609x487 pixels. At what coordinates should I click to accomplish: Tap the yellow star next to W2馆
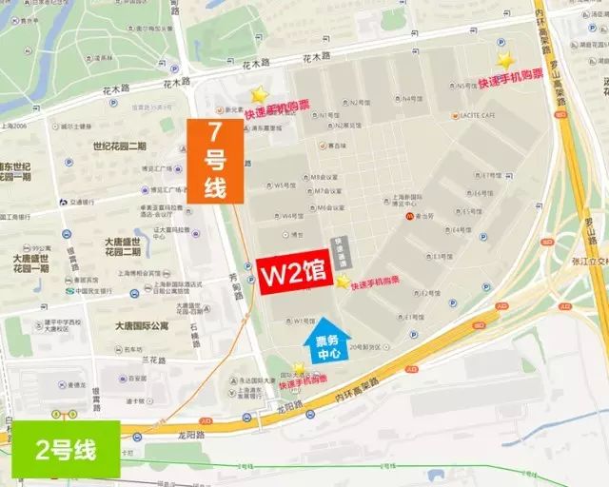click(343, 281)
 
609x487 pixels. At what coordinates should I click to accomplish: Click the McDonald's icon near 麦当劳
click(411, 217)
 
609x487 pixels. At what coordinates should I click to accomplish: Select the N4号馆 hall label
click(411, 98)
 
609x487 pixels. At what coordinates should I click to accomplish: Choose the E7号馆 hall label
click(491, 176)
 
